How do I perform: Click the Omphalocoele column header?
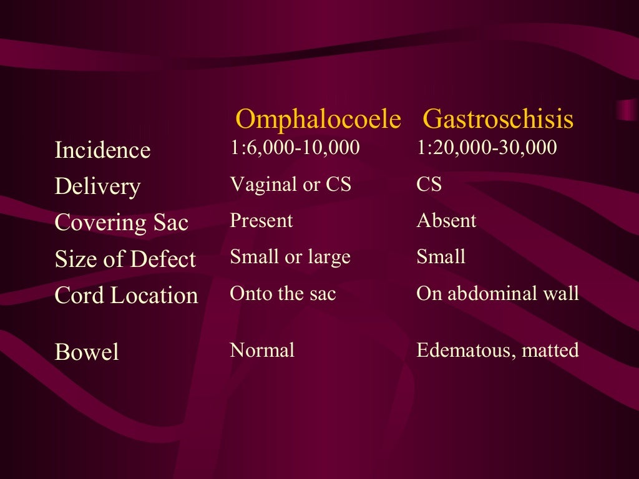click(x=318, y=119)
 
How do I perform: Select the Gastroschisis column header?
click(x=498, y=119)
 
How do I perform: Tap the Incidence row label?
click(x=102, y=150)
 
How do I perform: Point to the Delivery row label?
click(x=97, y=186)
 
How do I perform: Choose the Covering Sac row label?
click(x=121, y=223)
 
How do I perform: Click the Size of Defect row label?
click(x=125, y=259)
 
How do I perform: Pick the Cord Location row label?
click(x=126, y=295)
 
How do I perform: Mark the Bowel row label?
click(x=86, y=352)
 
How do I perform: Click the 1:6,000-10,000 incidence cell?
click(x=295, y=148)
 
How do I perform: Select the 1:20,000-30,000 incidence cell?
click(x=486, y=148)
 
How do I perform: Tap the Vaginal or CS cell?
click(x=290, y=184)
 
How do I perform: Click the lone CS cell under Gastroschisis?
click(x=429, y=185)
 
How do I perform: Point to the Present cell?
click(x=261, y=220)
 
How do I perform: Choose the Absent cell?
click(x=446, y=220)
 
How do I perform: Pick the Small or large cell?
click(x=290, y=256)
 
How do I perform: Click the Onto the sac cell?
click(x=283, y=293)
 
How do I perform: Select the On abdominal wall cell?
click(x=497, y=293)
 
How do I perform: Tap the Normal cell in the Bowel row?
click(x=262, y=350)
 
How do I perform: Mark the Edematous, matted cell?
click(x=497, y=350)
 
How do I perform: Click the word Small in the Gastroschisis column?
click(x=441, y=256)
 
